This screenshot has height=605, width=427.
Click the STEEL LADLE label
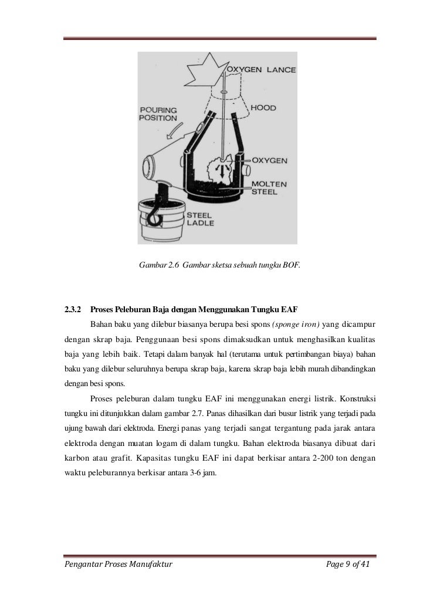click(201, 219)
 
